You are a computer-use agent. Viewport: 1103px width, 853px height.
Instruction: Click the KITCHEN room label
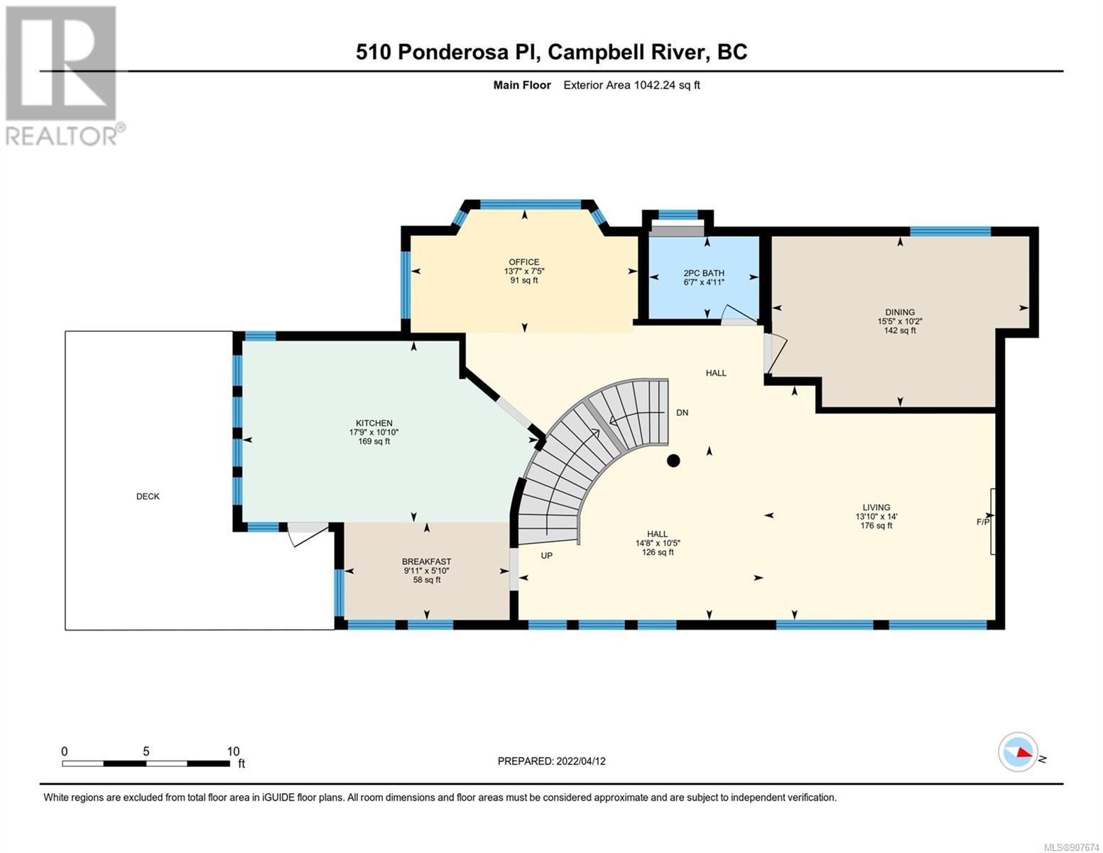(374, 423)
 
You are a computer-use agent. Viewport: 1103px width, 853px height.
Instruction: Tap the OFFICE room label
(524, 262)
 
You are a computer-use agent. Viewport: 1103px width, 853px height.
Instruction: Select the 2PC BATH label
(704, 273)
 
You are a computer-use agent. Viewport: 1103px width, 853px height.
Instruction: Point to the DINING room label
(900, 313)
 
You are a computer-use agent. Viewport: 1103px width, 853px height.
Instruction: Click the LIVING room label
(876, 507)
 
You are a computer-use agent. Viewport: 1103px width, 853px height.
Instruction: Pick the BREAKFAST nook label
(426, 562)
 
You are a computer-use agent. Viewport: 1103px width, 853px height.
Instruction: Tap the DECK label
(148, 496)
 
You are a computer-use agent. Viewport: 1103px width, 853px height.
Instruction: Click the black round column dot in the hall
(673, 461)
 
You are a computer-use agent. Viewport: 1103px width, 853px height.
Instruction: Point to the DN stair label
(683, 412)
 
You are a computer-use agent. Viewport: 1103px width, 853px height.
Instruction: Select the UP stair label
(546, 556)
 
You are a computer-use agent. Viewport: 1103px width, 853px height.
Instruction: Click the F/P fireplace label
(983, 522)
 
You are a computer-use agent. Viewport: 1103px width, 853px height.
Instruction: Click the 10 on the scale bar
(233, 751)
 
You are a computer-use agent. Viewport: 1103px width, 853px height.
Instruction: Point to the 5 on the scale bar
(146, 751)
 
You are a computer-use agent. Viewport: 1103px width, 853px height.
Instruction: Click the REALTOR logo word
(62, 136)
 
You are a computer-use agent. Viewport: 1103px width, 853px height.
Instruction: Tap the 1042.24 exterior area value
(654, 85)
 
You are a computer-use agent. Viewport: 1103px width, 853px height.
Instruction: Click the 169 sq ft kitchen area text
(374, 441)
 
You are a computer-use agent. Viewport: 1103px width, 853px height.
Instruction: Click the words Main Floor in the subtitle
(522, 85)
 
